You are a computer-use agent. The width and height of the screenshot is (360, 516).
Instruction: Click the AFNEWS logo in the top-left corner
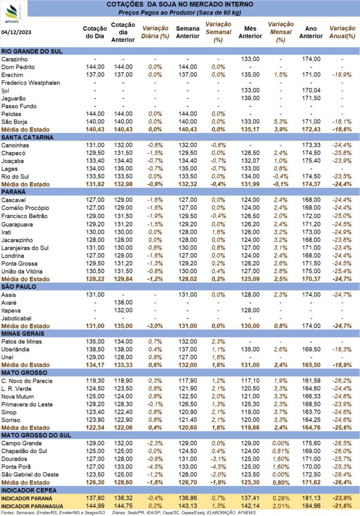tap(13, 13)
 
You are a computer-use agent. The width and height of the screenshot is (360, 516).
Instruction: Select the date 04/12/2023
tap(17, 32)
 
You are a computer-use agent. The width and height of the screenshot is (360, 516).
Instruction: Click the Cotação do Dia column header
tap(95, 32)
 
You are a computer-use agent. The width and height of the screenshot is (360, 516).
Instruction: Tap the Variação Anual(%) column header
tap(342, 32)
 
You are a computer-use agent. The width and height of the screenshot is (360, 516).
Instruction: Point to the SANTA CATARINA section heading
tap(27, 138)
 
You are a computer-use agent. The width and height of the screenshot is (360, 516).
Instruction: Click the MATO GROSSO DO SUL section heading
tap(36, 435)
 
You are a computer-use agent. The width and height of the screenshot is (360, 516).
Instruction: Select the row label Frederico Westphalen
tap(31, 83)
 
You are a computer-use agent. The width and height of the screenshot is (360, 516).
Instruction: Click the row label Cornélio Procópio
tap(25, 208)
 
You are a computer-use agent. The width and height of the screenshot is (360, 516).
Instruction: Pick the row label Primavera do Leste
tap(27, 405)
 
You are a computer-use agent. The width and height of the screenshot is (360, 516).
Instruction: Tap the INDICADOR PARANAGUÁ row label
tap(32, 506)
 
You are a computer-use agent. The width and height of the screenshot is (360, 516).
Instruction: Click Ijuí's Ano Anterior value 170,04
tap(311, 91)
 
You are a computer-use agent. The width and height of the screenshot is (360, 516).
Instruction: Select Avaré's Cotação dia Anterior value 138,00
tap(123, 302)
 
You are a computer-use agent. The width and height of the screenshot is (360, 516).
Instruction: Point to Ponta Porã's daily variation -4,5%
tap(155, 467)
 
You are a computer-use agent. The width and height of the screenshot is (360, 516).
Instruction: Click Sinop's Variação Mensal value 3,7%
tap(280, 412)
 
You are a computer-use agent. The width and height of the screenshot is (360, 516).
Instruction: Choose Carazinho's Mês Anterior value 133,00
tap(250, 59)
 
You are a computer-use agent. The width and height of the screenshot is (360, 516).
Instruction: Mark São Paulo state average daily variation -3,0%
tap(155, 326)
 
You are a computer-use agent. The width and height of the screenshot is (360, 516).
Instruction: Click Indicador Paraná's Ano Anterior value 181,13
tap(311, 498)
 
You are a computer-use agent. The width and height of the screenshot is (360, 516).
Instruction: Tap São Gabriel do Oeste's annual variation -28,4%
tap(342, 475)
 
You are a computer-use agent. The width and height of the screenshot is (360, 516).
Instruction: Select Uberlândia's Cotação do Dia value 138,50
tap(95, 350)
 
